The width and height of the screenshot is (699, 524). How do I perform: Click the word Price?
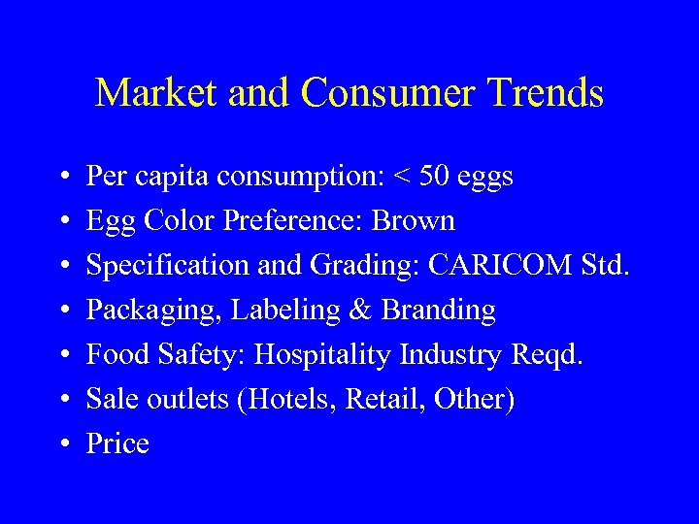117,443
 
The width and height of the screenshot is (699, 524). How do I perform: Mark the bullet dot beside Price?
62,444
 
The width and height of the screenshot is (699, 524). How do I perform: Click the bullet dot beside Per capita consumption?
62,178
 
